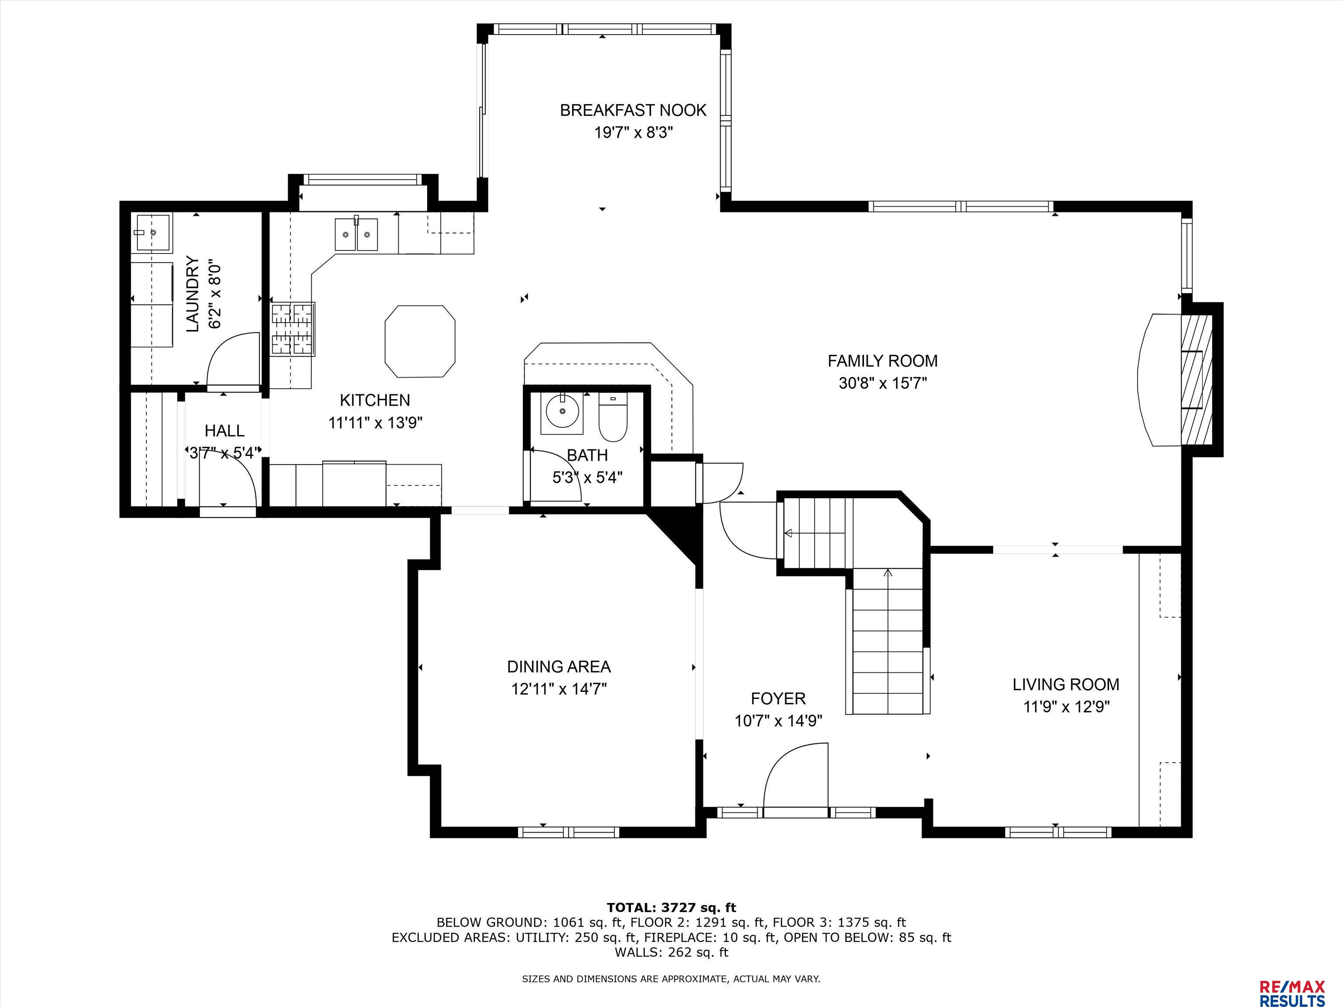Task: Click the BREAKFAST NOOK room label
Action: pos(633,111)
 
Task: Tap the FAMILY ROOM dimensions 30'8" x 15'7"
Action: pos(883,384)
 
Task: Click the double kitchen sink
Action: pos(356,234)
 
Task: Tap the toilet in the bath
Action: pos(612,417)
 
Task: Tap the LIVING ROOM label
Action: pos(1065,685)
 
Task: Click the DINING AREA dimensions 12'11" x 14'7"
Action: pos(559,690)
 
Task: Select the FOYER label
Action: pos(778,698)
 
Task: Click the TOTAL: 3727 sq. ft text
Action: pos(671,907)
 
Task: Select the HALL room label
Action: pos(225,431)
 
